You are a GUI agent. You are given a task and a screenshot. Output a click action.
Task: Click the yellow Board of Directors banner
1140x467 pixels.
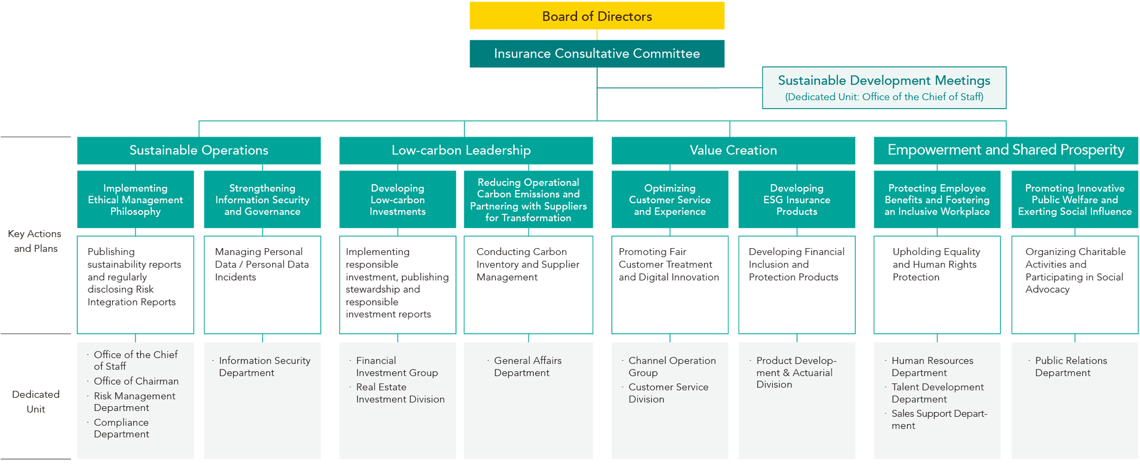coord(596,17)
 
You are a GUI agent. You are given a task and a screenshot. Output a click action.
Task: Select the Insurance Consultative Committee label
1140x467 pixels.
coord(596,54)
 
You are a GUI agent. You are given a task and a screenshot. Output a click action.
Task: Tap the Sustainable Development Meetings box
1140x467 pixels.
coord(884,88)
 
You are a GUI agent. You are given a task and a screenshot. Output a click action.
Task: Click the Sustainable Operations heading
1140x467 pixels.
coord(199,151)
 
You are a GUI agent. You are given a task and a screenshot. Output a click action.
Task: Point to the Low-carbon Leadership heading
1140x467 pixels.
coord(461,151)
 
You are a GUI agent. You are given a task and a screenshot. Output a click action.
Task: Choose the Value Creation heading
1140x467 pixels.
coord(733,151)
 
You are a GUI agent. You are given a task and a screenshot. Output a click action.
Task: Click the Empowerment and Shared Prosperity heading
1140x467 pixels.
coord(1005,150)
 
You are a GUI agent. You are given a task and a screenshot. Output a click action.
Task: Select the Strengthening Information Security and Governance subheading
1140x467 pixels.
coord(262,200)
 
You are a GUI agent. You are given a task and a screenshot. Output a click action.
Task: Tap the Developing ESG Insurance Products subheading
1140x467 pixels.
coord(797,200)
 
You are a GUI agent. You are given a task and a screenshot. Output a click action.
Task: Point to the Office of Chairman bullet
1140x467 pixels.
coord(136,381)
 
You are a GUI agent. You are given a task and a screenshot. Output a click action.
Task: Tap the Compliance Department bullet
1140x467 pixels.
coord(121,428)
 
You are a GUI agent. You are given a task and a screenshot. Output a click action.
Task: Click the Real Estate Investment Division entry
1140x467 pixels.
coord(400,393)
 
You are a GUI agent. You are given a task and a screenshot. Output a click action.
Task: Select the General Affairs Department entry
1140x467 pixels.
coord(527,367)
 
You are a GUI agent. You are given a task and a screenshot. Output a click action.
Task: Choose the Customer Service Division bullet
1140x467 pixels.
coord(668,393)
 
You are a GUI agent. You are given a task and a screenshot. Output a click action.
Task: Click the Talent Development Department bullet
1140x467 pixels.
coord(937,393)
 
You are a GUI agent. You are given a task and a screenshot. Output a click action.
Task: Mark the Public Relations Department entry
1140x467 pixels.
coord(1070,367)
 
